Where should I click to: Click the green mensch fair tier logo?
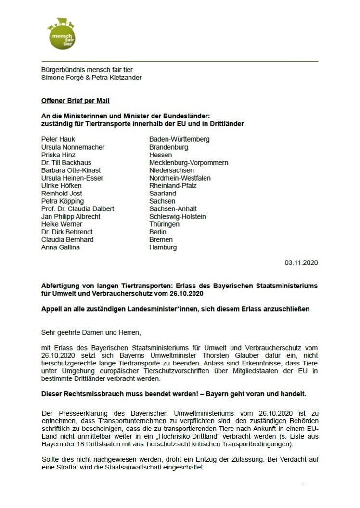pyautogui.click(x=61, y=33)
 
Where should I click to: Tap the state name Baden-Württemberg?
pyautogui.click(x=180, y=139)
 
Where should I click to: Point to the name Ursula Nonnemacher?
pyautogui.click(x=73, y=147)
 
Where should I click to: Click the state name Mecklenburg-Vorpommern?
pyautogui.click(x=189, y=163)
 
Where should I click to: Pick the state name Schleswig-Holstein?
pyautogui.click(x=178, y=217)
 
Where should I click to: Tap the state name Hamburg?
pyautogui.click(x=163, y=247)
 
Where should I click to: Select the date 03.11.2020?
pyautogui.click(x=301, y=263)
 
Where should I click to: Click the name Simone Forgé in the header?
pyautogui.click(x=61, y=78)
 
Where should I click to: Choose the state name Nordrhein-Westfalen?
pyautogui.click(x=180, y=178)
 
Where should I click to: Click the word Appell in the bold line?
pyautogui.click(x=52, y=309)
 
